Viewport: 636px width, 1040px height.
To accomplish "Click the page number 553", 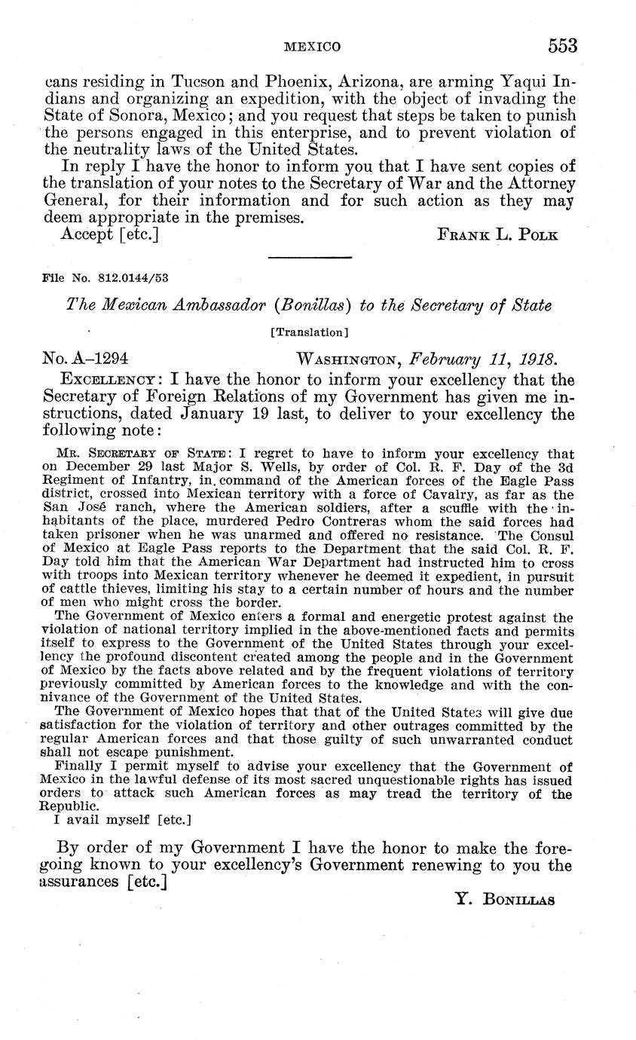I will [x=562, y=47].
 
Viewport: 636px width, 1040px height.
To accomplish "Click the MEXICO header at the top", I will [x=312, y=47].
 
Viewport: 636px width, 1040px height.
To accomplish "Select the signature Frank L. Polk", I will [x=497, y=234].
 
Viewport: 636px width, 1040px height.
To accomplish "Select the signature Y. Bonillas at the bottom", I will [x=506, y=899].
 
